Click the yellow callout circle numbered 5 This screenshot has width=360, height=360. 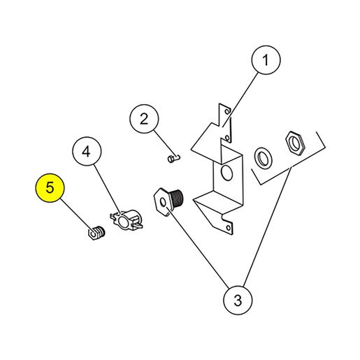tap(50, 188)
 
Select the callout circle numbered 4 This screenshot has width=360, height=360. tap(87, 151)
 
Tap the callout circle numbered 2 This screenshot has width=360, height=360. tap(144, 119)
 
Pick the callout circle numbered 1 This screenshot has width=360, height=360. tap(266, 60)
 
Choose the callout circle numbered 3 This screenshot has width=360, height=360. tap(238, 300)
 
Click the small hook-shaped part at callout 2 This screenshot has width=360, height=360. tap(174, 159)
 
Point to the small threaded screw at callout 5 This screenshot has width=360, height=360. tap(96, 233)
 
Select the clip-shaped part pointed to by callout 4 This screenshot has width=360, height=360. tap(127, 219)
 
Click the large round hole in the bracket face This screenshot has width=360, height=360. tap(227, 173)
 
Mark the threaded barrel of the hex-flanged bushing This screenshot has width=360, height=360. tap(177, 199)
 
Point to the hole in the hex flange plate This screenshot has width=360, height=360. tap(164, 203)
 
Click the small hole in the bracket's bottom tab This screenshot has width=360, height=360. tap(229, 228)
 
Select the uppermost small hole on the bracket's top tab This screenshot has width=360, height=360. tap(227, 111)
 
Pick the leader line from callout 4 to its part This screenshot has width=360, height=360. tap(107, 189)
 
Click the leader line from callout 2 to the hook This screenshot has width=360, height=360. tap(166, 144)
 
